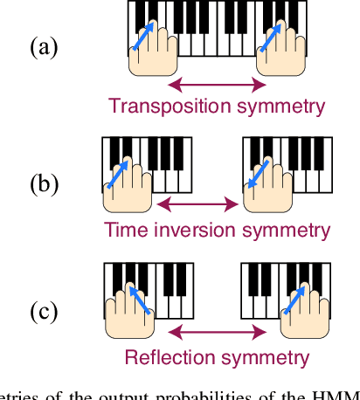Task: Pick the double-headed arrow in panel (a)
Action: [x=217, y=85]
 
